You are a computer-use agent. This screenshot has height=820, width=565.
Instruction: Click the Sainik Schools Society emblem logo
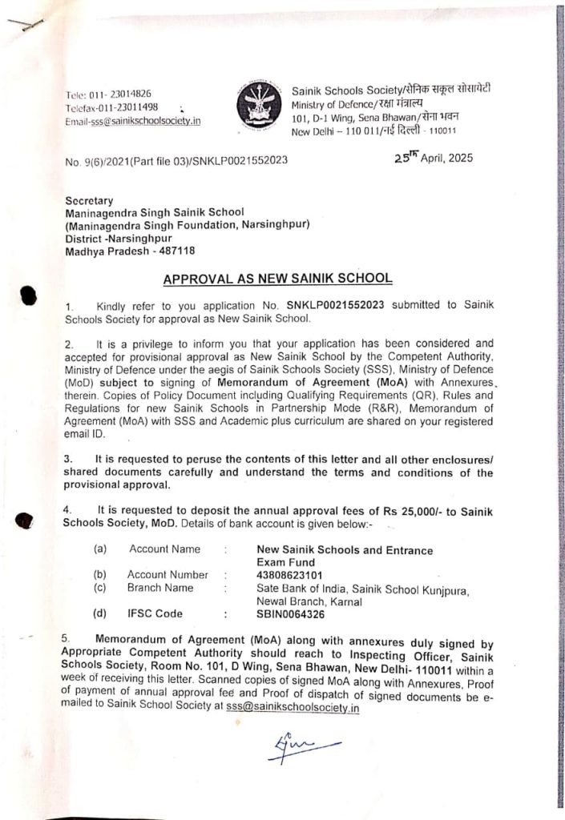[x=257, y=103]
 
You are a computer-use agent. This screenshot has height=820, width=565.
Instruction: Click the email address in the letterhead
[x=133, y=121]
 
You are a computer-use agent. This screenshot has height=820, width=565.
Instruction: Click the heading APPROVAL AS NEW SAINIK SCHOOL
[x=277, y=279]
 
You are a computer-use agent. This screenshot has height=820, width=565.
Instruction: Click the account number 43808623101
[x=291, y=574]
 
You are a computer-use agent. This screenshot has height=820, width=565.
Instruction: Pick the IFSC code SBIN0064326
[x=291, y=614]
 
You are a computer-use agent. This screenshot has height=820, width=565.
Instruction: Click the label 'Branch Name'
[x=160, y=588]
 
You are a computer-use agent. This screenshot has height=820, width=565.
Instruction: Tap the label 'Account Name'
[x=164, y=549]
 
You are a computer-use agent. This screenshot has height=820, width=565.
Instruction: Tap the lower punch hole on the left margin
[x=27, y=522]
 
